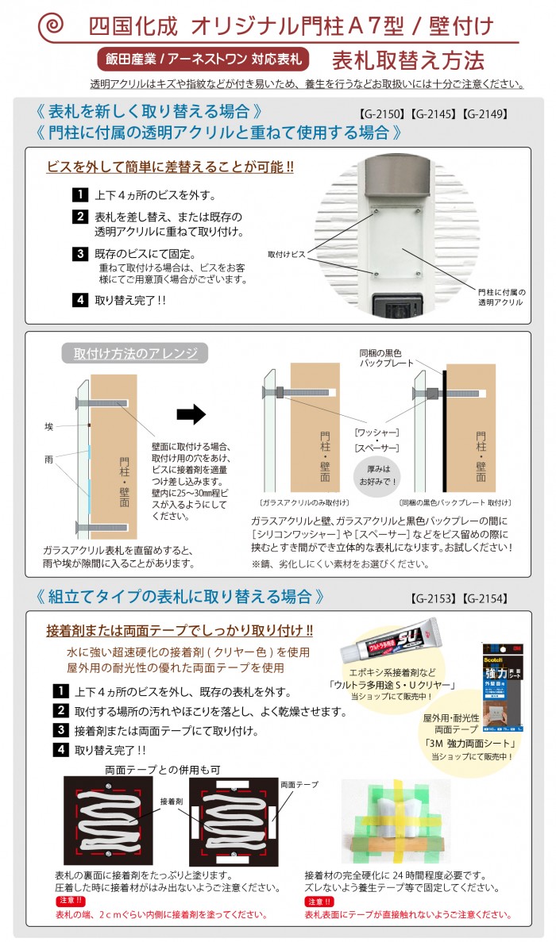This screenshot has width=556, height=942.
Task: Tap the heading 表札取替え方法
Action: pyautogui.click(x=408, y=60)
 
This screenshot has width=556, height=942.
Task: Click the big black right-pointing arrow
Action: pyautogui.click(x=191, y=414)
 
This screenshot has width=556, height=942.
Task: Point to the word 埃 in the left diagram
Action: pyautogui.click(x=49, y=427)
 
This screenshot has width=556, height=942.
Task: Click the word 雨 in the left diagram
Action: pyautogui.click(x=49, y=459)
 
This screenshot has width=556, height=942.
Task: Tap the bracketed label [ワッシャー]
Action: pyautogui.click(x=376, y=433)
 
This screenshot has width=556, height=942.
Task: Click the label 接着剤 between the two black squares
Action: pyautogui.click(x=172, y=802)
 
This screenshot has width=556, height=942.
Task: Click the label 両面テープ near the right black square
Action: pyautogui.click(x=299, y=784)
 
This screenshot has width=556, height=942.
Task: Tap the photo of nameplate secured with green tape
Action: pyautogui.click(x=395, y=821)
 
